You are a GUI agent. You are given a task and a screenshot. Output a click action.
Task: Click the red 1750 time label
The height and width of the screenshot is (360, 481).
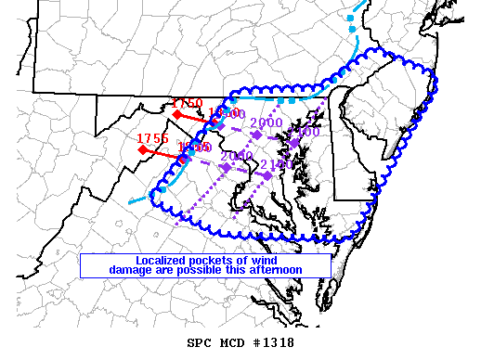click(187, 103)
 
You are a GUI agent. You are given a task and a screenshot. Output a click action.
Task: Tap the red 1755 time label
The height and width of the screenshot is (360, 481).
click(152, 138)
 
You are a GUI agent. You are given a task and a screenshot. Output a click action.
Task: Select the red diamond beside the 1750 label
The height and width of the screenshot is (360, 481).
click(176, 113)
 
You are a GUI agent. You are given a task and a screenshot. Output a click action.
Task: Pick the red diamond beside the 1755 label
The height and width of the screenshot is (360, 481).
click(142, 148)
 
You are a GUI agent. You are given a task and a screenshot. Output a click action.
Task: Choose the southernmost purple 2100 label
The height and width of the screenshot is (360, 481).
click(277, 164)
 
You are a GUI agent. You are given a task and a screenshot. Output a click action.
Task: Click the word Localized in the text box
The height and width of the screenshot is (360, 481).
click(166, 260)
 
